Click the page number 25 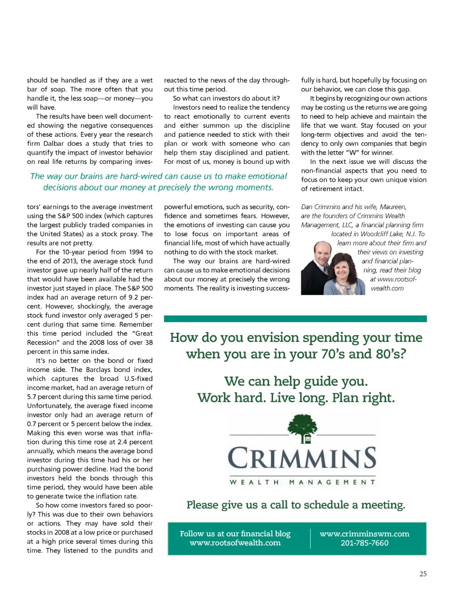coord(423,574)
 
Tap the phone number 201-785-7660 coord(364,543)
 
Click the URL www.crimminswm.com coord(364,534)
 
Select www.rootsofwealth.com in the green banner coord(235,543)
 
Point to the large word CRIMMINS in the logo coord(302,458)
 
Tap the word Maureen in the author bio coord(393,207)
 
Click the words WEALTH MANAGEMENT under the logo coord(302,482)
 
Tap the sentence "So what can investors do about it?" coord(226,98)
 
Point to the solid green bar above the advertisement coord(295,318)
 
